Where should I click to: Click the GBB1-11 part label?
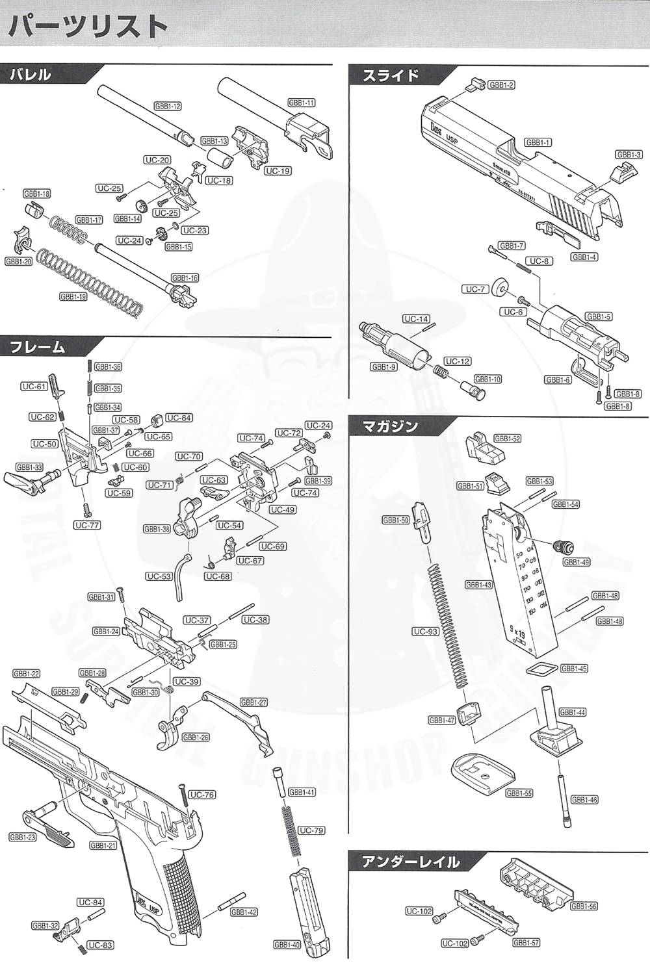click(x=302, y=103)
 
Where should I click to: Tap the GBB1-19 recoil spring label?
click(x=73, y=296)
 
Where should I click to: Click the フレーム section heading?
click(x=38, y=347)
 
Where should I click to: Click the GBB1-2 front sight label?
click(x=501, y=85)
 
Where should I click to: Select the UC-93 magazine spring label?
click(x=426, y=632)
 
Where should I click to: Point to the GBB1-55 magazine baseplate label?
click(x=519, y=793)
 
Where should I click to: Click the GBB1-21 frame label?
click(x=103, y=845)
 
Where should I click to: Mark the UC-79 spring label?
click(x=311, y=830)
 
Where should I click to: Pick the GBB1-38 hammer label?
click(x=157, y=529)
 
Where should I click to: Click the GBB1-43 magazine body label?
click(x=479, y=585)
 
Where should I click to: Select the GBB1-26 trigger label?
click(x=196, y=737)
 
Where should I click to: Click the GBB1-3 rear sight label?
click(x=629, y=155)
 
